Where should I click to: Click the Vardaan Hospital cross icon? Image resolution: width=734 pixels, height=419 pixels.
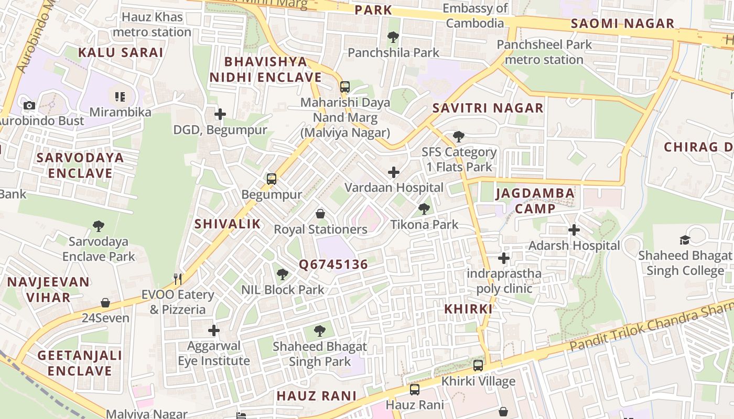coord(393,172)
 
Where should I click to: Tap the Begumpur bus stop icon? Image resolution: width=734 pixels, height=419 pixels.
coord(271,179)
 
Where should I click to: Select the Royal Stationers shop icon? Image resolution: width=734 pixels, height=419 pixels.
coord(320,214)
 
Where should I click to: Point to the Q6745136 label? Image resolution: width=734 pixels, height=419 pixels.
coord(333,264)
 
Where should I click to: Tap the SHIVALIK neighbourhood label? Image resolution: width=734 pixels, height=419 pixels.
coord(228,224)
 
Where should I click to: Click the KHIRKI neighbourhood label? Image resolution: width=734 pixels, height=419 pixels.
coord(468,309)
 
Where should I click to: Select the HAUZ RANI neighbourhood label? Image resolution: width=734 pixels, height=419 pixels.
coord(316,395)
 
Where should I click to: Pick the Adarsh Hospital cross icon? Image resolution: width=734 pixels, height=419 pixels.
coord(574,230)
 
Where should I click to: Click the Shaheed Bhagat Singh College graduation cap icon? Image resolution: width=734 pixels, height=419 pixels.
coord(685,240)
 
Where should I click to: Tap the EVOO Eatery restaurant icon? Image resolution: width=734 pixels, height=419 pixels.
coord(178,279)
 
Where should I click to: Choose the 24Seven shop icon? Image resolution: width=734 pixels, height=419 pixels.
coord(105,303)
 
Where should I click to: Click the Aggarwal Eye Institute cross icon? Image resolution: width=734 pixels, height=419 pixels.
coord(213,330)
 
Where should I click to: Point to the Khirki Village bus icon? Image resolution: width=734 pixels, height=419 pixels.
coord(478,366)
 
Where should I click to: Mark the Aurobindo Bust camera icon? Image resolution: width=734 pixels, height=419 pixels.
coord(29,105)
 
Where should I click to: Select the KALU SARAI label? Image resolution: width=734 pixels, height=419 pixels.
coord(121,52)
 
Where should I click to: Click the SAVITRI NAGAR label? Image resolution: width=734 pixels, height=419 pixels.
coord(488,108)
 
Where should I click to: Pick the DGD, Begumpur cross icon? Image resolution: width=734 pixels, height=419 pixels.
coord(220,114)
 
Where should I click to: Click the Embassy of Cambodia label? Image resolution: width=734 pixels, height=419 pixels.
coord(475,16)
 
